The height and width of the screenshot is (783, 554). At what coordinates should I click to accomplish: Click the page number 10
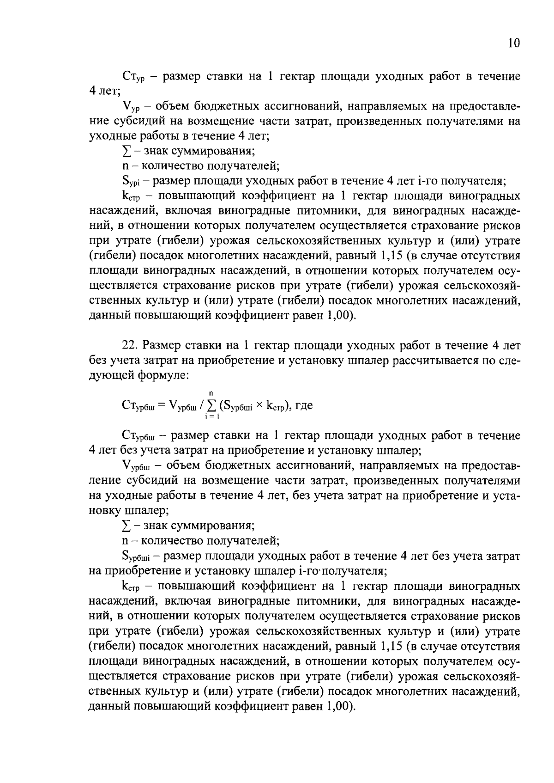(514, 43)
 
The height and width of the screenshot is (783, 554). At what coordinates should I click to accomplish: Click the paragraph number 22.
(130, 345)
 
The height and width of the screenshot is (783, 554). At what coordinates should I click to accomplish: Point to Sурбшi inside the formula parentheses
(236, 406)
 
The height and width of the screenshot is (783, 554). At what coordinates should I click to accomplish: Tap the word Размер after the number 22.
(162, 345)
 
